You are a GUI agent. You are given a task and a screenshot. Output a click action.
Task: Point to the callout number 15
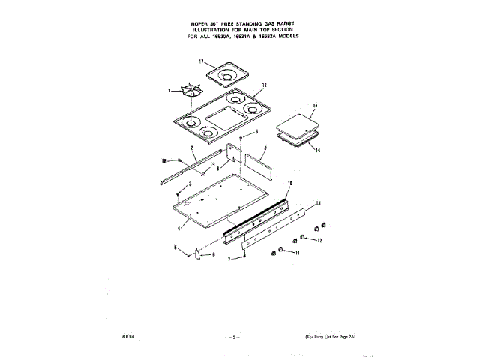(316, 106)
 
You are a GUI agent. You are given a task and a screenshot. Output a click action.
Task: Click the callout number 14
(317, 150)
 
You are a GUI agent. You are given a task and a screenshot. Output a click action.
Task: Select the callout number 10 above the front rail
(290, 184)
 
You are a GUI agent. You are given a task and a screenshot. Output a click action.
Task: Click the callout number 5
(176, 248)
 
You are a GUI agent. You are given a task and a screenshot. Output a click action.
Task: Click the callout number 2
(191, 150)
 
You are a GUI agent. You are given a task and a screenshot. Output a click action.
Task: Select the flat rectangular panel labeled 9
(256, 159)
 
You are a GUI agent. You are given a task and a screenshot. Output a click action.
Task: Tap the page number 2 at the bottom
(234, 337)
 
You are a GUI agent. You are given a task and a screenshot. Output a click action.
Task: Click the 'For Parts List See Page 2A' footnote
(331, 337)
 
